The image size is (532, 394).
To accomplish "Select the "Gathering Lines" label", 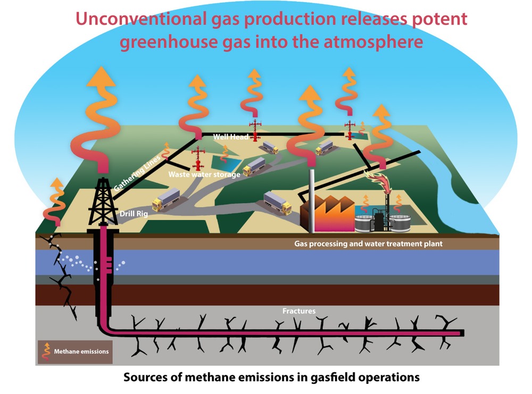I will coord(130,171).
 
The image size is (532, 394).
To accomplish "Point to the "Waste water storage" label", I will coord(204,174).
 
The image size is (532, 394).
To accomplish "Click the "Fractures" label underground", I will coord(298,311).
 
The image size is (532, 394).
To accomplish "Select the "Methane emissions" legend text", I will coord(81,351).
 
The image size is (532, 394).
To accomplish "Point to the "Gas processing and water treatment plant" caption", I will coord(368,245).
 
